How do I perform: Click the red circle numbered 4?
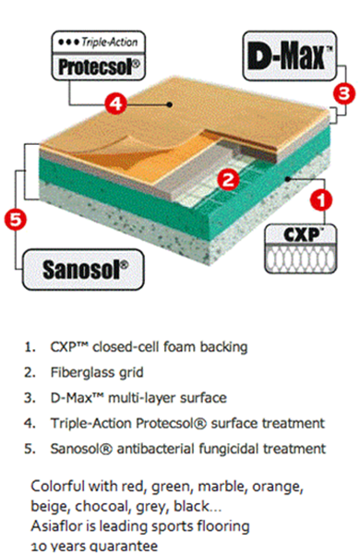pos(116,103)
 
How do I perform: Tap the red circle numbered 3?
pos(344,93)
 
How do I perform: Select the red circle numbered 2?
pos(228,180)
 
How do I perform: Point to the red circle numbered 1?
pos(321,200)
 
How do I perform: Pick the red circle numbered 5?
pos(15,219)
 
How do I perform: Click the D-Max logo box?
pos(289,55)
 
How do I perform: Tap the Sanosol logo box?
pos(83,270)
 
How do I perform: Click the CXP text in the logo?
pos(301,235)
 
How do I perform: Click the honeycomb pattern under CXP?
pos(301,259)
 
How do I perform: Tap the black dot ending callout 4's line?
pos(170,104)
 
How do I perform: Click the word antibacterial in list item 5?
pos(155,449)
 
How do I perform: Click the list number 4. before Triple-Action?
pos(30,423)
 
